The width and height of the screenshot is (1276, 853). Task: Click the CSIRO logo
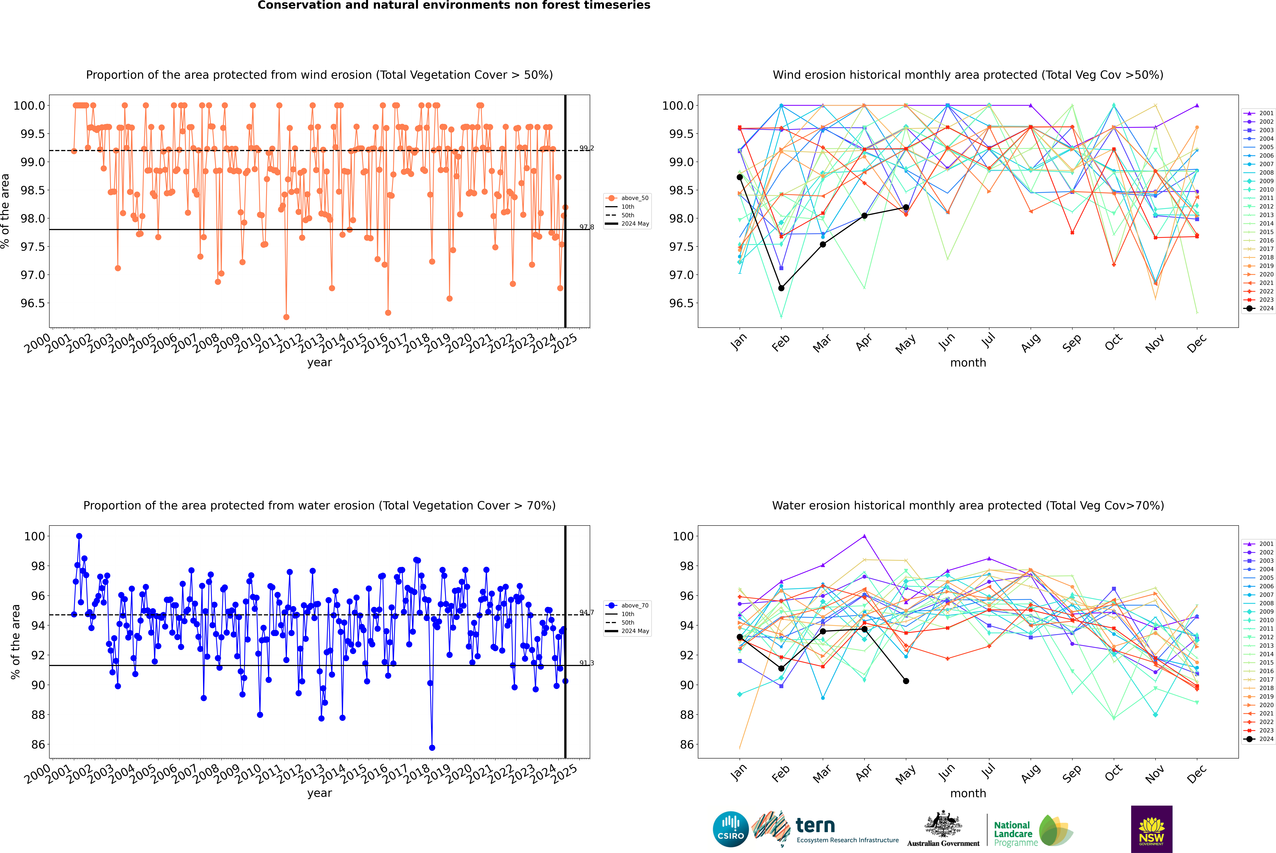731,829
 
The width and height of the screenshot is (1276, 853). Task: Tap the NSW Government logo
1151,829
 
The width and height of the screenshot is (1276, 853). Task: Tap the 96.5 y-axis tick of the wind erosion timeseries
33,303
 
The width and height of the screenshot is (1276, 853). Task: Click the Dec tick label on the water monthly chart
1197,774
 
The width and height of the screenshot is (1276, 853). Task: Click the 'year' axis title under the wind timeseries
319,362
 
